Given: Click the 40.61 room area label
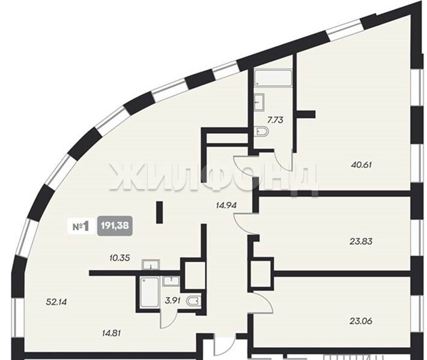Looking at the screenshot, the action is (362, 165).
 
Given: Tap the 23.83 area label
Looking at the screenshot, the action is (361, 241).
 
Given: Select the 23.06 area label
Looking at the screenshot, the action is (361, 321).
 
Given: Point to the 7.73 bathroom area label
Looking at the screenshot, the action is (276, 120).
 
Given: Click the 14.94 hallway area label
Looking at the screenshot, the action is (226, 205).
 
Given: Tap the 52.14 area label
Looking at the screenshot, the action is (56, 302).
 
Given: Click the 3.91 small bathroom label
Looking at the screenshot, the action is (172, 301).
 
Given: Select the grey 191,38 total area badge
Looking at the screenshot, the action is (115, 226).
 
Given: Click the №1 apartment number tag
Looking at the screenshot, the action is (81, 226).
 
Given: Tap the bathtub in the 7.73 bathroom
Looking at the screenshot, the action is (273, 79).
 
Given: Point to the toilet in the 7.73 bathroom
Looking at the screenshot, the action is (263, 132).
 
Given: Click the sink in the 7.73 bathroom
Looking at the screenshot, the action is (259, 102).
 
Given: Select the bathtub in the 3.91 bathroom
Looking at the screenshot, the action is (149, 293).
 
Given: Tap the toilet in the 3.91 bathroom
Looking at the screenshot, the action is (193, 301).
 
